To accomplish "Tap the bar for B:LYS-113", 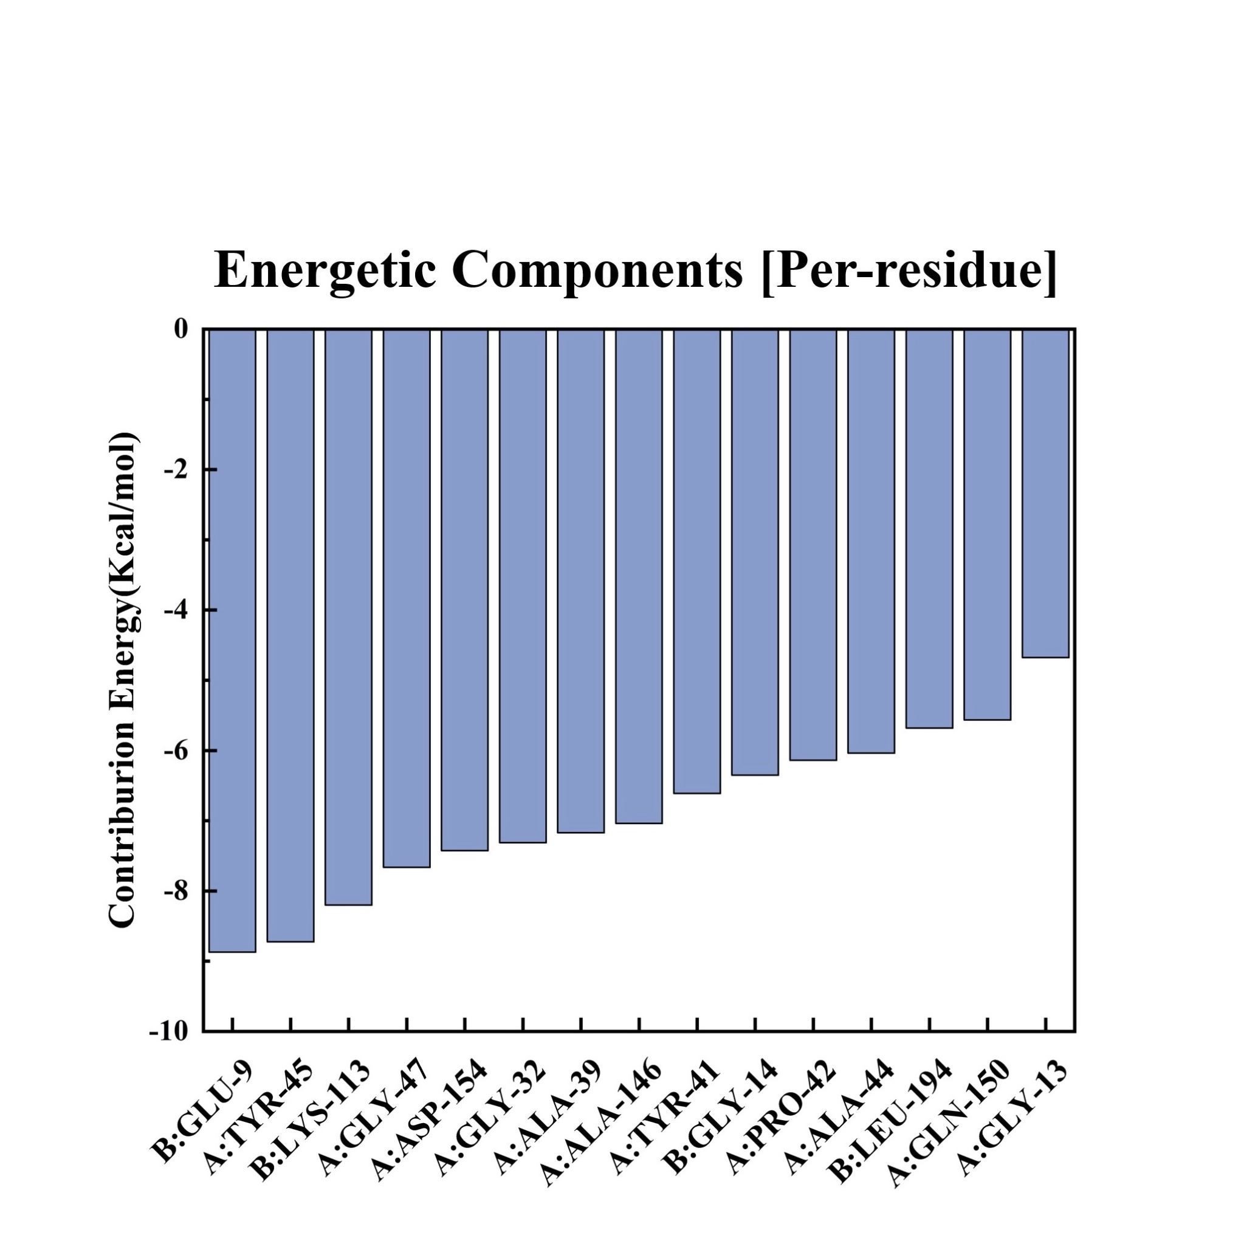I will point(348,617).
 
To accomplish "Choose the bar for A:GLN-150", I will point(987,524).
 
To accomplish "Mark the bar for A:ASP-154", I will point(464,589).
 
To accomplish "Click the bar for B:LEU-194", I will point(929,528).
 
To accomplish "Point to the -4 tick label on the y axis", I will point(175,610).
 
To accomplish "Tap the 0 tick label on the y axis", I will point(181,329).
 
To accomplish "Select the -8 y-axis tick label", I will point(175,891).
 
